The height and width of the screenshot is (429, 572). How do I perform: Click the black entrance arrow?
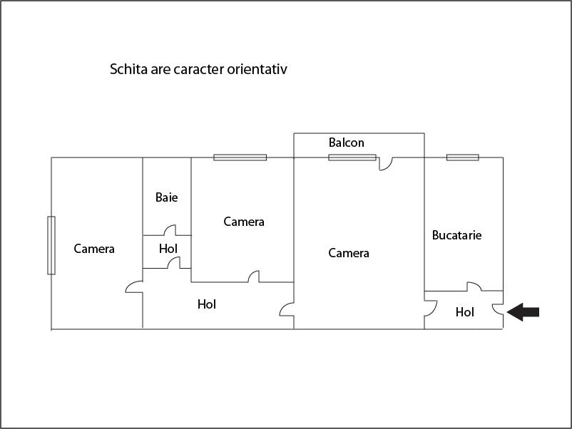coord(523,312)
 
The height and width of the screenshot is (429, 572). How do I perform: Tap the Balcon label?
coord(346,143)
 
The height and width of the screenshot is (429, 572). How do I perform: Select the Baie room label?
coord(166,197)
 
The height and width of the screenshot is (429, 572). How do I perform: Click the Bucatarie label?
coord(456,235)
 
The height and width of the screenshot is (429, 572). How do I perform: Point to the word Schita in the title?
coord(128,69)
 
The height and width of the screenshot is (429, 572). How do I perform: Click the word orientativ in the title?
coord(257,69)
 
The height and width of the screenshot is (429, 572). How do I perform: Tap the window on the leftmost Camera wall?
coord(51,245)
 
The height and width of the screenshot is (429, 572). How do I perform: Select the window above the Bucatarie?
coord(463,157)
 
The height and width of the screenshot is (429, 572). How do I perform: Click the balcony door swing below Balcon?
coord(386,164)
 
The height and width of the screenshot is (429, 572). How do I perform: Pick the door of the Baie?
coord(170,230)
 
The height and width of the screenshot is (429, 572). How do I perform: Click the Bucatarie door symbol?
coord(474,286)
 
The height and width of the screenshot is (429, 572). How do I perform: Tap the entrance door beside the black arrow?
coord(498,309)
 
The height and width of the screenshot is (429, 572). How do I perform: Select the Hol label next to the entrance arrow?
coord(465,312)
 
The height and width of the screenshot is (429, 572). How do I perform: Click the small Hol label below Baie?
coord(168,249)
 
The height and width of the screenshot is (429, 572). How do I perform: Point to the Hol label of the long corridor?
coord(206,304)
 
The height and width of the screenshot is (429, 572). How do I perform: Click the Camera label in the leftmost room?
coord(94,249)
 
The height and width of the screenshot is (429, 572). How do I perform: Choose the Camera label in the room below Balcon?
coord(349,253)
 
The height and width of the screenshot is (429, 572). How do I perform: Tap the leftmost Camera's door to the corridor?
coord(134,287)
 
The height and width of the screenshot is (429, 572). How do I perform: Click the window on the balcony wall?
coord(352,157)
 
